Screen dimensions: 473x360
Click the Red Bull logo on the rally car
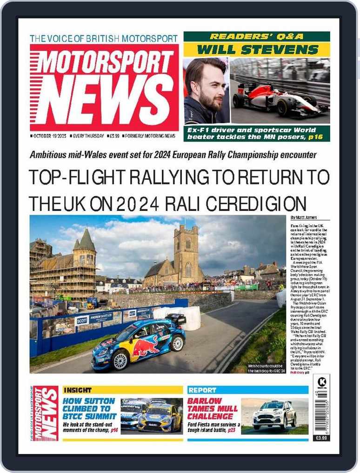(146, 347)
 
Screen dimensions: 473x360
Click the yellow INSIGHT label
(78, 390)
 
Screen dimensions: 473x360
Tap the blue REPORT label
(202, 390)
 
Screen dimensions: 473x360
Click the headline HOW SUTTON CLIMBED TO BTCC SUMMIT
(89, 408)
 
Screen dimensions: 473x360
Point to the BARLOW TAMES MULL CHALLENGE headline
(212, 408)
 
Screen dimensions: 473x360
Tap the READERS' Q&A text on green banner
(256, 37)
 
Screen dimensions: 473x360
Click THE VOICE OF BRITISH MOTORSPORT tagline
(104, 39)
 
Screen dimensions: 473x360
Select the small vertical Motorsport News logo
(46, 413)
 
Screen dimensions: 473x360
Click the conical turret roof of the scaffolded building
(86, 239)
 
